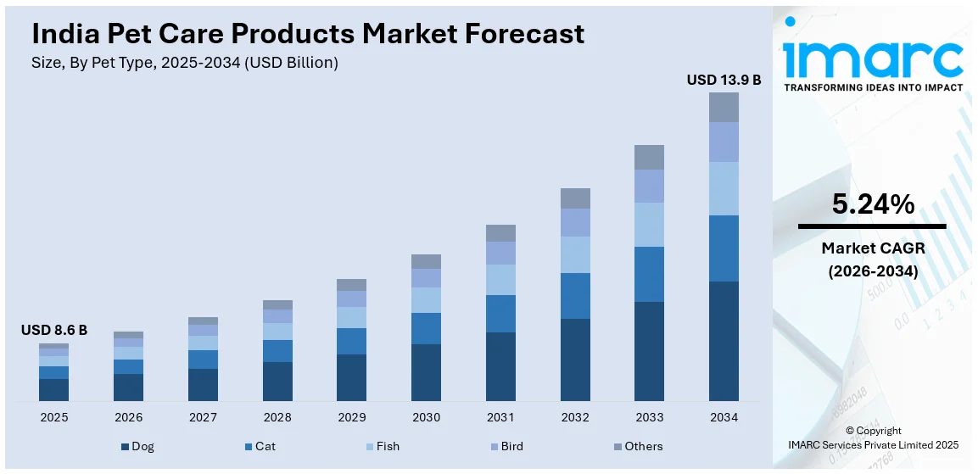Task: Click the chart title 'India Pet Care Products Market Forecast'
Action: click(x=308, y=33)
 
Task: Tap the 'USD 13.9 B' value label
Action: click(x=724, y=80)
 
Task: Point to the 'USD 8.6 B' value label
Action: click(x=53, y=330)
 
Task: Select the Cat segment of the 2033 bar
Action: click(x=649, y=274)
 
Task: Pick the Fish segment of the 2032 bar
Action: click(x=575, y=254)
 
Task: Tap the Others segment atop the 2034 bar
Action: click(x=724, y=107)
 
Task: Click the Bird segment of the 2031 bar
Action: click(x=500, y=253)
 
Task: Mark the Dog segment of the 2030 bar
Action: click(x=426, y=372)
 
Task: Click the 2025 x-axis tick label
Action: click(x=53, y=417)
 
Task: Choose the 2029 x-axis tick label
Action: click(x=351, y=417)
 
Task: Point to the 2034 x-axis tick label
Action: click(x=724, y=417)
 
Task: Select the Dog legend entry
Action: click(x=137, y=446)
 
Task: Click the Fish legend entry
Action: click(x=383, y=446)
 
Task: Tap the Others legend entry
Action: click(x=637, y=446)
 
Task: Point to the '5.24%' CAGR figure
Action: click(x=873, y=204)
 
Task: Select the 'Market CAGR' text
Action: click(x=873, y=248)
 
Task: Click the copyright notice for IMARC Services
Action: click(x=873, y=438)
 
